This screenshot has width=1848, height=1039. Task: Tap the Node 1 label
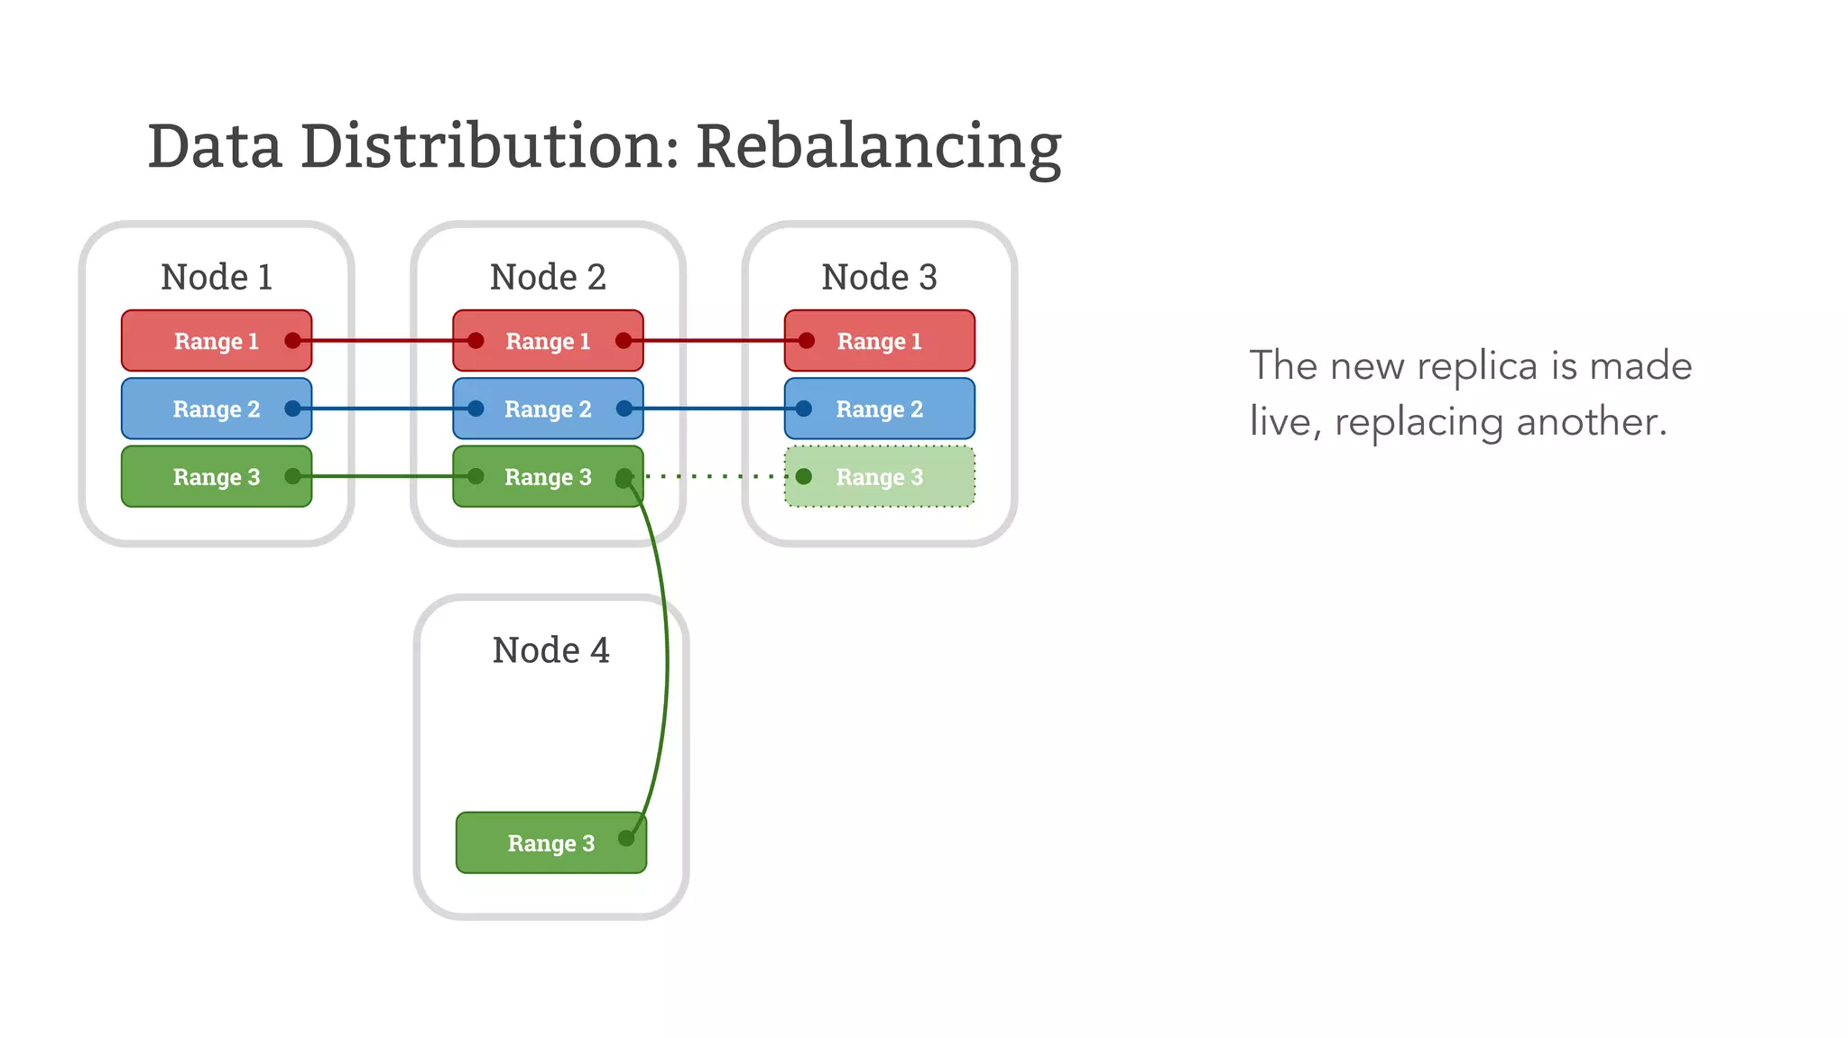pos(217,277)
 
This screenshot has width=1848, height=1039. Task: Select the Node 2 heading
pos(548,277)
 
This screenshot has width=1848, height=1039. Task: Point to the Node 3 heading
pos(879,277)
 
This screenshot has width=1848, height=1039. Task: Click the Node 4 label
pos(550,650)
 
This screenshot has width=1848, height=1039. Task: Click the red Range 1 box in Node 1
pos(217,341)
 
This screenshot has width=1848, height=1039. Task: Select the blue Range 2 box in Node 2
pos(548,409)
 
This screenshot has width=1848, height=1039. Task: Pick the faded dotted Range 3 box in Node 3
pos(879,476)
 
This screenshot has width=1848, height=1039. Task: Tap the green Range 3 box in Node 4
pos(550,842)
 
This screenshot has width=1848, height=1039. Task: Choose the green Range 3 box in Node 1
pos(217,476)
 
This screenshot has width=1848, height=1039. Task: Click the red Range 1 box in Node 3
pos(879,341)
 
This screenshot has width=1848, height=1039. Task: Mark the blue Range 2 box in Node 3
pos(879,409)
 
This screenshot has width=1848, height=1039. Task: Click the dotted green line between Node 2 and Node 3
pos(713,476)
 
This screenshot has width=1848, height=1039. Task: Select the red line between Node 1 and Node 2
pos(383,341)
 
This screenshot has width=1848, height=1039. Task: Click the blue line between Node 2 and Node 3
pos(713,409)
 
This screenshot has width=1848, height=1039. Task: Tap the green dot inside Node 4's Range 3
pos(626,839)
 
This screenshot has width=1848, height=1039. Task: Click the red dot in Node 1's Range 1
pos(292,341)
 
